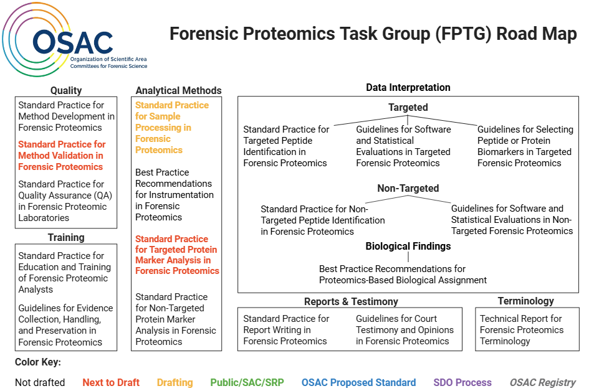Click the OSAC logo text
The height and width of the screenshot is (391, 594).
click(x=73, y=42)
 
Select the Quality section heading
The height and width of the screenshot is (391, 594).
click(x=66, y=90)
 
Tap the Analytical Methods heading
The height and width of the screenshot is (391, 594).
click(x=178, y=90)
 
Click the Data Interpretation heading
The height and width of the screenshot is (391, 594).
click(x=408, y=87)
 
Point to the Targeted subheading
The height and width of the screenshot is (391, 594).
click(x=408, y=107)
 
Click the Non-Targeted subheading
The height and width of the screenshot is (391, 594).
click(x=408, y=188)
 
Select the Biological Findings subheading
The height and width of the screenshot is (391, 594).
click(x=408, y=246)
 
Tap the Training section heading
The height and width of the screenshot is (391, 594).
click(x=66, y=237)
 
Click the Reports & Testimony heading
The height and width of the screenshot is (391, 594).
click(x=351, y=301)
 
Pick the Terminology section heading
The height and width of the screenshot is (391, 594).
click(x=525, y=301)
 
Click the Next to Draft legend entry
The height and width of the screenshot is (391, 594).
click(x=111, y=382)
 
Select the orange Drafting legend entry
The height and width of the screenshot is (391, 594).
click(x=175, y=382)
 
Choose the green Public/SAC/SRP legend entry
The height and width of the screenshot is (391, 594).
click(x=247, y=382)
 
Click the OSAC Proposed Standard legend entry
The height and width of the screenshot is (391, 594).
click(x=358, y=382)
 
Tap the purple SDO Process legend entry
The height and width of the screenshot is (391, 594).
click(x=462, y=382)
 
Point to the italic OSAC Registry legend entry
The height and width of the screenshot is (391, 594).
click(x=542, y=382)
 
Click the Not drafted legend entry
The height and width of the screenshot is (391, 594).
click(x=40, y=382)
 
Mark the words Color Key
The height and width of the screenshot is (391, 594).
click(x=38, y=362)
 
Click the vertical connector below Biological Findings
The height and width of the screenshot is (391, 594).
click(x=408, y=257)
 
